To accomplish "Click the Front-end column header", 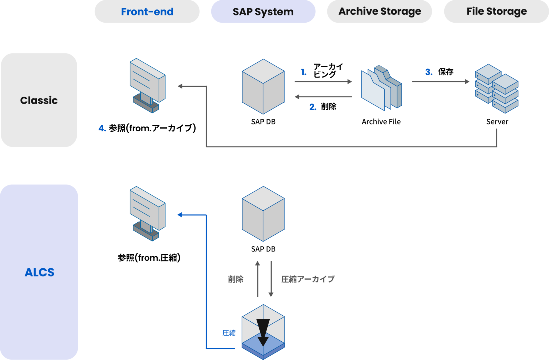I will pos(147,12).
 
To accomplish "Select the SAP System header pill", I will pos(263,12).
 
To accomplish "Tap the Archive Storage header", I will pos(379,11).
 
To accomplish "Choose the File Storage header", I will pos(496,11).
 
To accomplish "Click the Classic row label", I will pos(39,100).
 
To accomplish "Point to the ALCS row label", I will pos(39,272).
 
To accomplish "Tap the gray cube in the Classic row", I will pos(263,86).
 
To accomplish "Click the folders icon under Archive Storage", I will pos(381,88).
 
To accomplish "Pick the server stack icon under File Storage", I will pos(496,88).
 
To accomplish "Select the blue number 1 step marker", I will pos(304,72).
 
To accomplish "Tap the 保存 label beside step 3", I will pos(446,72).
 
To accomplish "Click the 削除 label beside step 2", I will pos(329,107).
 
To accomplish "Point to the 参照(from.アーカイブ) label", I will pos(150,128).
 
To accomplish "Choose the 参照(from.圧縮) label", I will pos(149,258).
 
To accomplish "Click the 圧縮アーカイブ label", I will pos(305,279).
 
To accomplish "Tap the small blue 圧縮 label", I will pos(229,333).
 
